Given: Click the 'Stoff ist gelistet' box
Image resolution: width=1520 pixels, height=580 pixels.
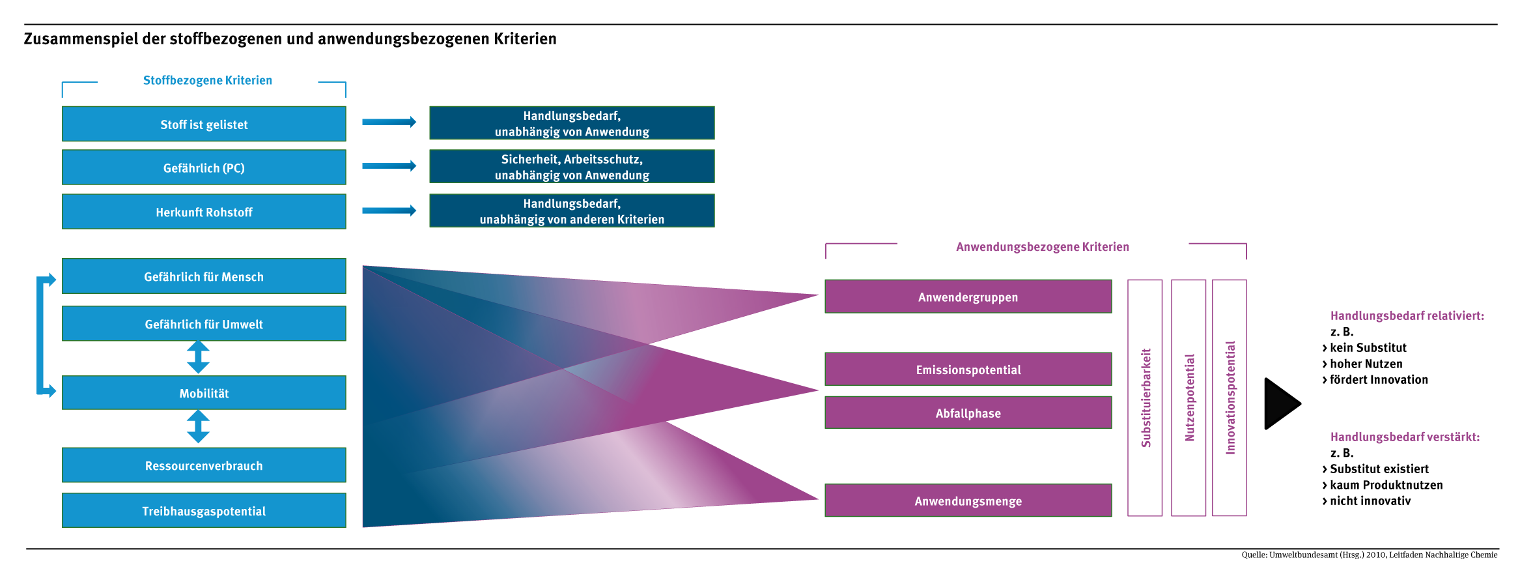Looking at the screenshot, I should click(x=204, y=124).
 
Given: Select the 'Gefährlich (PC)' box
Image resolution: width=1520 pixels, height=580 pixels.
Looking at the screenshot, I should click(x=204, y=167).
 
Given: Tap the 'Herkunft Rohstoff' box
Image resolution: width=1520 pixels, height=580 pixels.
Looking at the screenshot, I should click(x=204, y=212).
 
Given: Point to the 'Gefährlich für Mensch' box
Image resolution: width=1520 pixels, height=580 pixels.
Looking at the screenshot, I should click(x=204, y=276).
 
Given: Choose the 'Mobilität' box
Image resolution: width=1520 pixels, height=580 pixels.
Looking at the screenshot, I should click(x=204, y=393).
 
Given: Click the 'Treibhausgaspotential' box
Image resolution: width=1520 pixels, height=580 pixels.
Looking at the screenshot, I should click(x=204, y=511).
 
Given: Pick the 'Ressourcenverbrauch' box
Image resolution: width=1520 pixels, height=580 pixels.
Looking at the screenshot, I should click(x=204, y=465).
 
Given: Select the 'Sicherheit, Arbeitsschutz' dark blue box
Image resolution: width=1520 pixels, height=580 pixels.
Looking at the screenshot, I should click(x=572, y=167).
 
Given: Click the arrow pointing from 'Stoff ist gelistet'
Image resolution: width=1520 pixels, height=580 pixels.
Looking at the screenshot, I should click(x=389, y=122).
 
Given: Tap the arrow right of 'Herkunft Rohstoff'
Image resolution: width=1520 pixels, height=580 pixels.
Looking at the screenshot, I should click(x=389, y=210).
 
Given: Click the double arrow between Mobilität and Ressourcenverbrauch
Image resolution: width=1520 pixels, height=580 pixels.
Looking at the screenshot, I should click(x=198, y=427).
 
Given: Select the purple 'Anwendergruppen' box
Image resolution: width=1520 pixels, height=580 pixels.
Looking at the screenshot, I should click(x=968, y=297).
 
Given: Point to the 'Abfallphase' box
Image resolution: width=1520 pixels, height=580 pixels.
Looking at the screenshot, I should click(x=968, y=413).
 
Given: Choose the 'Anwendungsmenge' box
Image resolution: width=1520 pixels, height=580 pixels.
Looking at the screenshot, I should click(x=968, y=500).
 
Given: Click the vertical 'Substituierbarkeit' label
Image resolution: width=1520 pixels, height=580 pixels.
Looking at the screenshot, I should click(x=1146, y=398).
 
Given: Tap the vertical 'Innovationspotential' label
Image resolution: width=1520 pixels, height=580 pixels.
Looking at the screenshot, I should click(x=1230, y=398).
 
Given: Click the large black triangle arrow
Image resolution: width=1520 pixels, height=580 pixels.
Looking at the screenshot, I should click(x=1281, y=403).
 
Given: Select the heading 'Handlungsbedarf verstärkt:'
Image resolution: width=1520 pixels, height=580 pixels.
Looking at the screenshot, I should click(x=1405, y=437).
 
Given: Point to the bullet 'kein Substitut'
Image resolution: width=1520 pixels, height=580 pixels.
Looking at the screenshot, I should click(x=1368, y=347).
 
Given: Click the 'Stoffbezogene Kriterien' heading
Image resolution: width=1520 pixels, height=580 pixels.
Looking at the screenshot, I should click(x=207, y=80).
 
